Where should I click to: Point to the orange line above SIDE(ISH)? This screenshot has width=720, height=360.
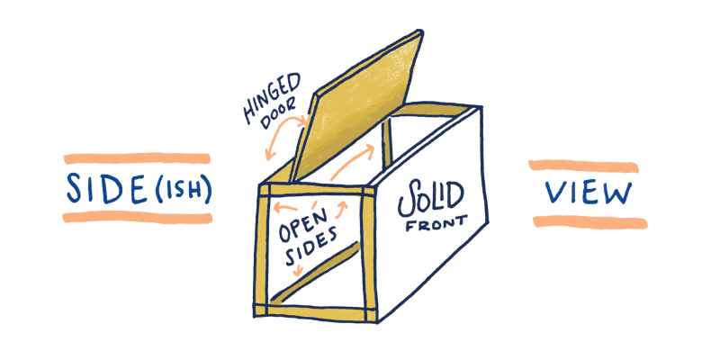[137, 158]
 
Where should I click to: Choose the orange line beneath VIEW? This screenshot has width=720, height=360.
[585, 220]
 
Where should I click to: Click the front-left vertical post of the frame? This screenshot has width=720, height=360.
[263, 252]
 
